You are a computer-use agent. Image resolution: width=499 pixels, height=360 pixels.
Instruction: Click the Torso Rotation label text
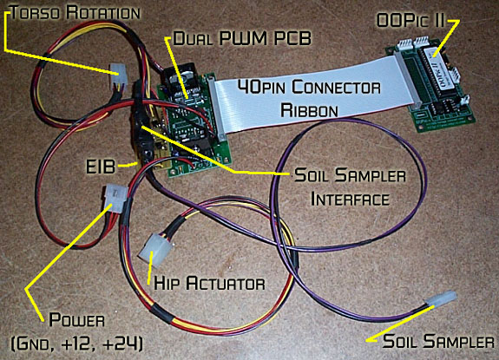click(76, 13)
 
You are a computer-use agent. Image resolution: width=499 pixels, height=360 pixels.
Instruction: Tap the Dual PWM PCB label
click(242, 38)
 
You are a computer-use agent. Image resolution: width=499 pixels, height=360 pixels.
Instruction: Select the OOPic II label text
click(410, 20)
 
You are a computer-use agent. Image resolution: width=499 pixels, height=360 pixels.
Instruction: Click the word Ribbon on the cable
click(309, 110)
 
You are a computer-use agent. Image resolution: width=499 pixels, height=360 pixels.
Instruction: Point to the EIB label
click(101, 166)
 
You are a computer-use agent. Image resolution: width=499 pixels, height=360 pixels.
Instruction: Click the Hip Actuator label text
click(209, 283)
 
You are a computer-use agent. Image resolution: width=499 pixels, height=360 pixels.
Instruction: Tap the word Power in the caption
click(76, 319)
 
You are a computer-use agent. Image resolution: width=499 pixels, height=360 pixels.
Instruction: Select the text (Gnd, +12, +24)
click(77, 344)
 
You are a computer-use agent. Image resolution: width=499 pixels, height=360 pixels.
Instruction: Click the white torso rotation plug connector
click(118, 76)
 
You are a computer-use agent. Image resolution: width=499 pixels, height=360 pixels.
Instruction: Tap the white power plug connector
click(115, 198)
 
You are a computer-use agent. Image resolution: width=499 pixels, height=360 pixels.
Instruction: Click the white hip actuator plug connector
click(156, 251)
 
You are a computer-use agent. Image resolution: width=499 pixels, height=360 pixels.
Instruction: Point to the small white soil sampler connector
click(443, 299)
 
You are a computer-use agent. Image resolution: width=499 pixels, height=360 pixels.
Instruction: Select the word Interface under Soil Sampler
click(350, 199)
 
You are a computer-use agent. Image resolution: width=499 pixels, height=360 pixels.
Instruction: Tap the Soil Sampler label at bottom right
click(438, 341)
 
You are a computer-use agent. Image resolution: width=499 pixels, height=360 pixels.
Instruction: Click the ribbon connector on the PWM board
click(217, 109)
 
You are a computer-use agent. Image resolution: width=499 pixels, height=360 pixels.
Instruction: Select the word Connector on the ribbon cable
click(337, 87)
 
